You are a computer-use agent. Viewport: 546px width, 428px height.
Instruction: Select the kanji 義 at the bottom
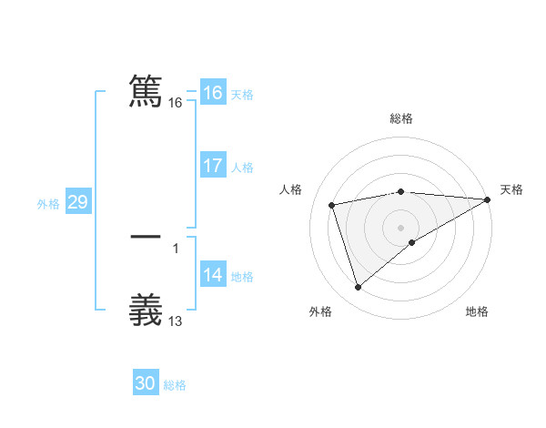(x=146, y=309)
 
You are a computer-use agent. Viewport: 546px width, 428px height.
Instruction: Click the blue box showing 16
(x=212, y=93)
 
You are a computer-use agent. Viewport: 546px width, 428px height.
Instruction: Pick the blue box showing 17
(x=212, y=166)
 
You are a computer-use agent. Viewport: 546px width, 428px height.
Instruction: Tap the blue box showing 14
(x=212, y=276)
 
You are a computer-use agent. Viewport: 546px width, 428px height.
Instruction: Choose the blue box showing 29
(x=77, y=202)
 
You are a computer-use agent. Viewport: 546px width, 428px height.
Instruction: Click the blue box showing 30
(x=145, y=384)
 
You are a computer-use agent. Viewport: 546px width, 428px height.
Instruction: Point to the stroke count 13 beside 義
(x=176, y=321)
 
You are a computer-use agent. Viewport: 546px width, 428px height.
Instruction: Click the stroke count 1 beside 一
(x=176, y=248)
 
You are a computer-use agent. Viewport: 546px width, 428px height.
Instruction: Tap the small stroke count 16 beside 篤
(x=176, y=104)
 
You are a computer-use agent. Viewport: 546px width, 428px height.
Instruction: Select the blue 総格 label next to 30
(x=175, y=386)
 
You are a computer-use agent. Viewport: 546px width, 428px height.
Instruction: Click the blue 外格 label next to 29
(x=48, y=204)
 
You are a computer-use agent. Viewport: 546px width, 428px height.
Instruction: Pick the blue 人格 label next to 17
(x=242, y=168)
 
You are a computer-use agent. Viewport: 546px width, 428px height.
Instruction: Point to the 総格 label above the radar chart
(x=401, y=118)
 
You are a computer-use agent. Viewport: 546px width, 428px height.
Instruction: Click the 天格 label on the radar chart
(x=511, y=189)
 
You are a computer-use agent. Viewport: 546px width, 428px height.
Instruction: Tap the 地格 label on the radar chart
(x=477, y=312)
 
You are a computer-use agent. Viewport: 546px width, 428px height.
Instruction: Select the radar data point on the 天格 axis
(x=488, y=199)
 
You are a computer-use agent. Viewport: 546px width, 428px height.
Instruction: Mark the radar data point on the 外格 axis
(x=358, y=288)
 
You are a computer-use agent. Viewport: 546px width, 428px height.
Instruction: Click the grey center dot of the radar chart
(x=401, y=228)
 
